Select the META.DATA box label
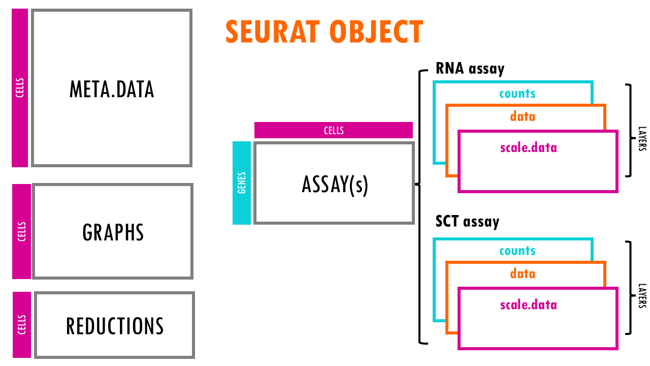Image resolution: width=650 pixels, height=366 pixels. [x=112, y=89]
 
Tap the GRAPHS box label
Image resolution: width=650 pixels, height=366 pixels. [x=113, y=232]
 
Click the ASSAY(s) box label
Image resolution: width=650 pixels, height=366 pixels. [x=335, y=184]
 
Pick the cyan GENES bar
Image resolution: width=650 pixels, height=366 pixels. [x=242, y=183]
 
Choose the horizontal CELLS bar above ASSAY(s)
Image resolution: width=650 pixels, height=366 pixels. [x=334, y=130]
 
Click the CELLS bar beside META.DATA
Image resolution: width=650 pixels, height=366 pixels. [x=20, y=87]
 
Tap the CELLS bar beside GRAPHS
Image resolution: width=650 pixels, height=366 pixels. [x=21, y=231]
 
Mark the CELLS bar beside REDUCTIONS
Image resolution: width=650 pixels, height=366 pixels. [x=21, y=324]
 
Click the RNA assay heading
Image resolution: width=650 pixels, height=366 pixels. [x=470, y=69]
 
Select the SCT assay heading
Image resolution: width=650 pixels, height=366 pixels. [x=467, y=222]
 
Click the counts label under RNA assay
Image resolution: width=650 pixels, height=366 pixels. [x=517, y=94]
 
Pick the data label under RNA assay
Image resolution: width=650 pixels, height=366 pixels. [x=523, y=116]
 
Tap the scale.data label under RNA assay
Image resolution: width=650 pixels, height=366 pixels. [x=528, y=148]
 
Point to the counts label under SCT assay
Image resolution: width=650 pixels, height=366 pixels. [x=517, y=251]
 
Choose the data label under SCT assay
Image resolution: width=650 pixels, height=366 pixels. [x=523, y=273]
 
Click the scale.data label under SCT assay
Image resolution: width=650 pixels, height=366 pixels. [x=528, y=305]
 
